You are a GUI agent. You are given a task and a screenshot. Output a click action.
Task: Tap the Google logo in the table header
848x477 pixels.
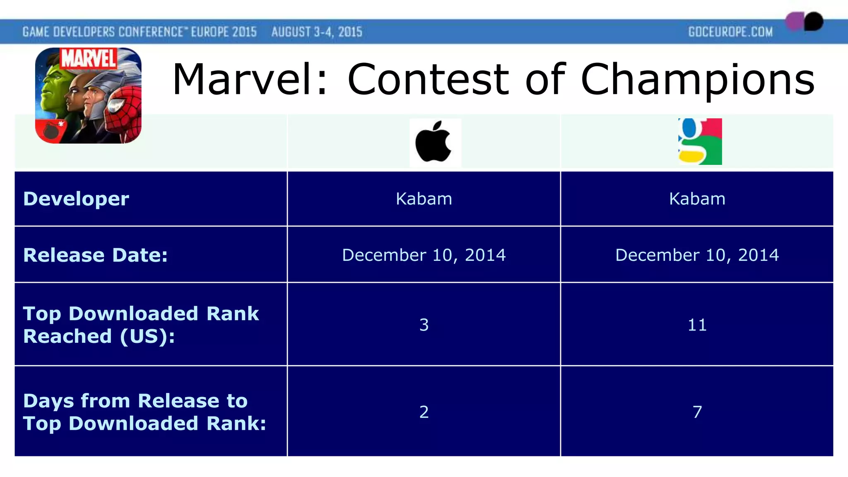coord(700,142)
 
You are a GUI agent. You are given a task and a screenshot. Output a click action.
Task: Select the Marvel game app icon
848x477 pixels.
coord(88,96)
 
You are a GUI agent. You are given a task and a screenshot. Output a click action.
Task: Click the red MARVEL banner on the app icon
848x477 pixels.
coord(89,58)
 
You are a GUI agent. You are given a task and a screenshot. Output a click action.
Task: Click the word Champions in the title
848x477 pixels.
coord(698,79)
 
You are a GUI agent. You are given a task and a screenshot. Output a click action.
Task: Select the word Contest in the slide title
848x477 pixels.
coord(428,79)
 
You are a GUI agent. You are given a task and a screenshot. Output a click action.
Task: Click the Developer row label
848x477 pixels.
coord(76,199)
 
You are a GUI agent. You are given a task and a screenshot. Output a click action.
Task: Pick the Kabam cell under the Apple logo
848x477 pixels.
coord(424,199)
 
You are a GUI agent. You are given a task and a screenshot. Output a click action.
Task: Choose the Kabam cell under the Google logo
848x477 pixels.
coord(697,199)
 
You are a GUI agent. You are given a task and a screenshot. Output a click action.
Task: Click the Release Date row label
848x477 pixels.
coord(95,255)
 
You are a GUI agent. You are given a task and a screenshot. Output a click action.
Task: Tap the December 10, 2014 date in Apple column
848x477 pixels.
coord(424,255)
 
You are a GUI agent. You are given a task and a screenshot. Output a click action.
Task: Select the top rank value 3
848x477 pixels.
coord(424,325)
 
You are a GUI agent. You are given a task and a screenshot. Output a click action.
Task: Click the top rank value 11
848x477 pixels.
coord(697,325)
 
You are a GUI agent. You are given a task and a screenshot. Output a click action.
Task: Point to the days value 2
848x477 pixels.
coord(424,412)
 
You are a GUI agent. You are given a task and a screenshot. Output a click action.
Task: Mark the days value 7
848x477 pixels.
coord(697,412)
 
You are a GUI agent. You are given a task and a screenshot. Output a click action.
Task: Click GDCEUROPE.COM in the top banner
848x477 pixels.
coord(730,32)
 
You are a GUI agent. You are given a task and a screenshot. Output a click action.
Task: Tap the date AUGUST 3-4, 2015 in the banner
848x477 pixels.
coord(317,32)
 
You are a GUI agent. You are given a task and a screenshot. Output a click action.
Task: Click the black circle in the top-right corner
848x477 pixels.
coord(813,21)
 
